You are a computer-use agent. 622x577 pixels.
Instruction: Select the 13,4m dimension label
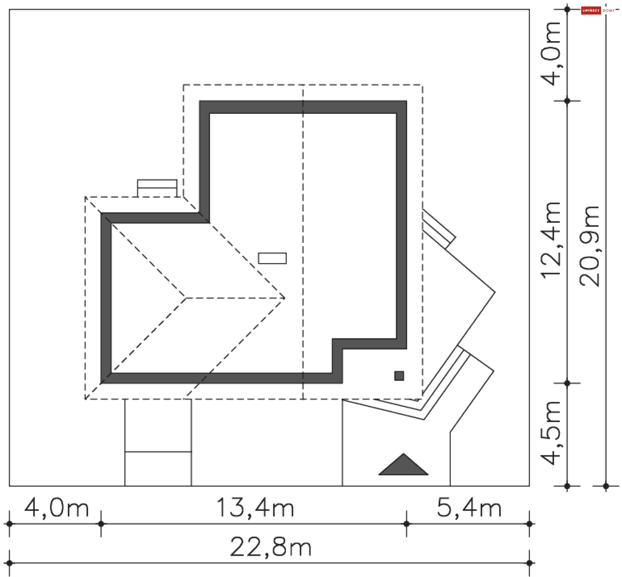255,508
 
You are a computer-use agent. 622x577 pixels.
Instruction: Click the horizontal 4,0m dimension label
56,508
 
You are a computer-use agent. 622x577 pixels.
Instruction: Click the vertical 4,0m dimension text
551,54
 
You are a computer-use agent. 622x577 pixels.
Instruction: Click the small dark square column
399,376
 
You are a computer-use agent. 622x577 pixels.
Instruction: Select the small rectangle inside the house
272,258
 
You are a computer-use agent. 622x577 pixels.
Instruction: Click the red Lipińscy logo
591,10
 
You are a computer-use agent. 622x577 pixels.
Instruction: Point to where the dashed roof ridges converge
186,298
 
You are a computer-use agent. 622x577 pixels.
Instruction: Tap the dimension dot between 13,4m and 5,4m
407,524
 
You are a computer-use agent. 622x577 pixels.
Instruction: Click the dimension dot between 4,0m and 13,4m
101,524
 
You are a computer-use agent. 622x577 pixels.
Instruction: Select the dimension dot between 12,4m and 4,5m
567,383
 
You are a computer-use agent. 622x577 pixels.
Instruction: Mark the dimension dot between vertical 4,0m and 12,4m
567,101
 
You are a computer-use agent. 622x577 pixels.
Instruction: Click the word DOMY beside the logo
608,11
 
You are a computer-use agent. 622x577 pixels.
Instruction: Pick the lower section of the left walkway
158,469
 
